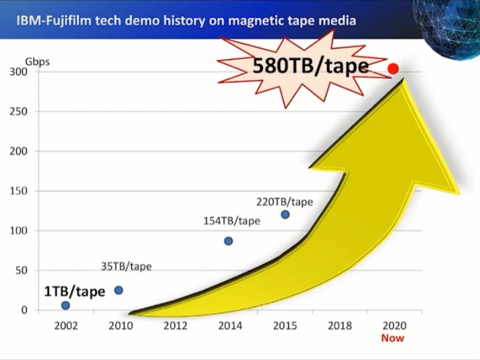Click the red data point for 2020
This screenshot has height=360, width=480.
click(394, 68)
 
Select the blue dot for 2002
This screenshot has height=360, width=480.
click(65, 306)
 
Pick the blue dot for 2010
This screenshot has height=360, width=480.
click(119, 290)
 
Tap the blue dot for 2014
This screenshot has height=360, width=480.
click(229, 241)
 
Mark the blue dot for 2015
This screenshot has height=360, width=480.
click(285, 215)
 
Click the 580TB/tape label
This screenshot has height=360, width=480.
click(310, 66)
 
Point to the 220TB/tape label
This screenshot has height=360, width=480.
click(285, 201)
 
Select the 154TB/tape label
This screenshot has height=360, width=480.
click(231, 221)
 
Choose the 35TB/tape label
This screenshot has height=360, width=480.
click(126, 266)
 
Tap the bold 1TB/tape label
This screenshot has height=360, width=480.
click(74, 292)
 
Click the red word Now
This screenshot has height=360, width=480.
click(393, 338)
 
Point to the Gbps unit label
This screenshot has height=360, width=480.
click(38, 62)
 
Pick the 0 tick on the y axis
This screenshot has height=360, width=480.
click(24, 310)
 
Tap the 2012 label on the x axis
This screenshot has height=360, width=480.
click(176, 326)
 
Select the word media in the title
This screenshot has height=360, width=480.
click(338, 21)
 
